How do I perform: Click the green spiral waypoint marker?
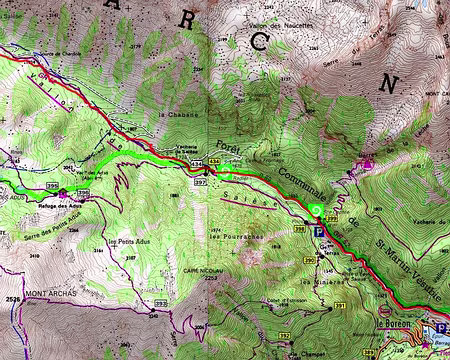(x=316, y=210)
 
